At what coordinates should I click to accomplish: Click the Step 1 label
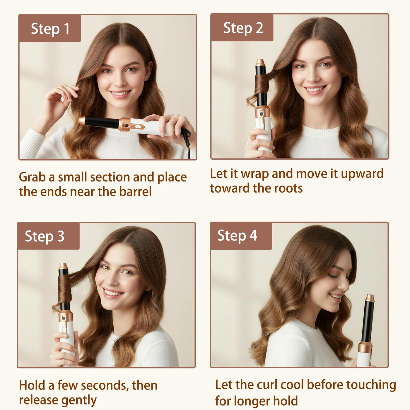[x=50, y=28]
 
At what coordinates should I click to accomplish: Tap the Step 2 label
[x=243, y=28]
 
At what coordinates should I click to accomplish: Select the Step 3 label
[x=45, y=236]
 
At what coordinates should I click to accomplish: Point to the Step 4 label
[x=237, y=235]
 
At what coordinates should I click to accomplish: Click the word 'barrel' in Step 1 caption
[x=135, y=192]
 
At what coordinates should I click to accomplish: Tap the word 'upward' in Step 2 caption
[x=362, y=174]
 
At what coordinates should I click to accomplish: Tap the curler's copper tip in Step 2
[x=260, y=63]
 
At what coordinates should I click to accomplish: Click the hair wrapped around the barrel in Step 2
[x=262, y=84]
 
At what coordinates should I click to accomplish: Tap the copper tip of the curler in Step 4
[x=370, y=298]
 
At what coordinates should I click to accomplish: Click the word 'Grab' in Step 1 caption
[x=32, y=177]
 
